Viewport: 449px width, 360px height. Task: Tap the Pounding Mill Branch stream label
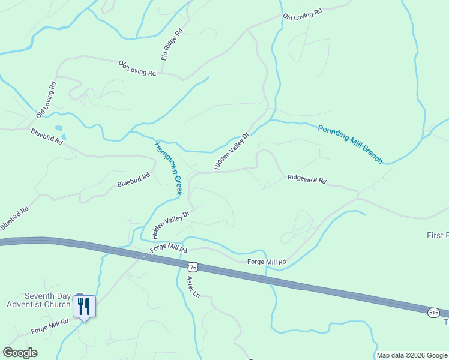click(x=350, y=144)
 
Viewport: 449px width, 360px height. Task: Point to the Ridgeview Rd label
click(x=306, y=179)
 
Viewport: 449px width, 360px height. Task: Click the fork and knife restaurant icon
click(x=83, y=307)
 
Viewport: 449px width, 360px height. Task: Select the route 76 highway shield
click(x=192, y=266)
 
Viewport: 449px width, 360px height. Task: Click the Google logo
click(x=20, y=353)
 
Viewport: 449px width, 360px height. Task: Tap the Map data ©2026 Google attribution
click(x=412, y=355)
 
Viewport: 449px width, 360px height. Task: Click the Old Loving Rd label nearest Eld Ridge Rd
click(x=137, y=68)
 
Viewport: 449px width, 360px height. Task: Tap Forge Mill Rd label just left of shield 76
click(x=169, y=248)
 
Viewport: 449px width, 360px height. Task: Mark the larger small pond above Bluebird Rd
click(x=58, y=128)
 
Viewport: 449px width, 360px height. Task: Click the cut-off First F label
click(x=438, y=235)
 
